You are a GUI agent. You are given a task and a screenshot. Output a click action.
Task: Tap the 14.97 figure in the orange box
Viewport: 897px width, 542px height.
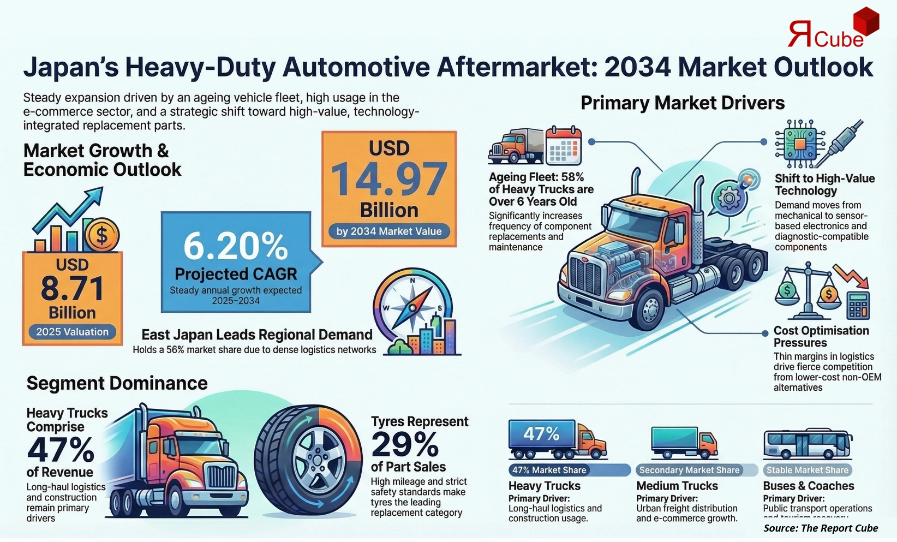(389, 180)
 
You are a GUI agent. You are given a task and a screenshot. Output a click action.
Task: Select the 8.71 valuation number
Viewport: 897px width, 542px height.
(72, 289)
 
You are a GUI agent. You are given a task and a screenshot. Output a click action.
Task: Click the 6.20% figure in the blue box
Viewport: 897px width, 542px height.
(236, 246)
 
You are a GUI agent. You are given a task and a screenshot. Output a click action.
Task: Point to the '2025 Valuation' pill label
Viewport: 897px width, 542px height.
(72, 332)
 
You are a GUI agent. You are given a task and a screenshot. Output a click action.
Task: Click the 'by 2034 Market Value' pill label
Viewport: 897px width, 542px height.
(389, 231)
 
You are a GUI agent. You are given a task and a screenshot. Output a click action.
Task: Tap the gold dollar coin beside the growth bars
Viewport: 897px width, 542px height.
(102, 235)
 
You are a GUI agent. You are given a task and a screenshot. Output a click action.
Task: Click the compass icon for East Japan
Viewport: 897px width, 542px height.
(412, 307)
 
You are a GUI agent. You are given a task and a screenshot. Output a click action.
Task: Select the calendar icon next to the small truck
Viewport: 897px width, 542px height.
(564, 145)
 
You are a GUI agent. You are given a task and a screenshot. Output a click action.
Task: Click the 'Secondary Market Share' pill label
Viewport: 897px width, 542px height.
(689, 470)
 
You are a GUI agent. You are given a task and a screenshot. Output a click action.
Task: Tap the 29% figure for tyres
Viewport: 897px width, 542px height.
(405, 444)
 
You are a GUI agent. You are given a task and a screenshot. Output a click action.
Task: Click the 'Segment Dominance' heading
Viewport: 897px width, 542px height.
(117, 383)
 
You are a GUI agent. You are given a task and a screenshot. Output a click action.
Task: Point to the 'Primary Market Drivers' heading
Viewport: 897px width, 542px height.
(682, 103)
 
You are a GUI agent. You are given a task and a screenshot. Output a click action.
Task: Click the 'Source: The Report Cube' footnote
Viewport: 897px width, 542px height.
(820, 528)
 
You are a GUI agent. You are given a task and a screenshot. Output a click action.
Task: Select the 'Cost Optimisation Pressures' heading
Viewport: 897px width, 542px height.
(821, 336)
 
